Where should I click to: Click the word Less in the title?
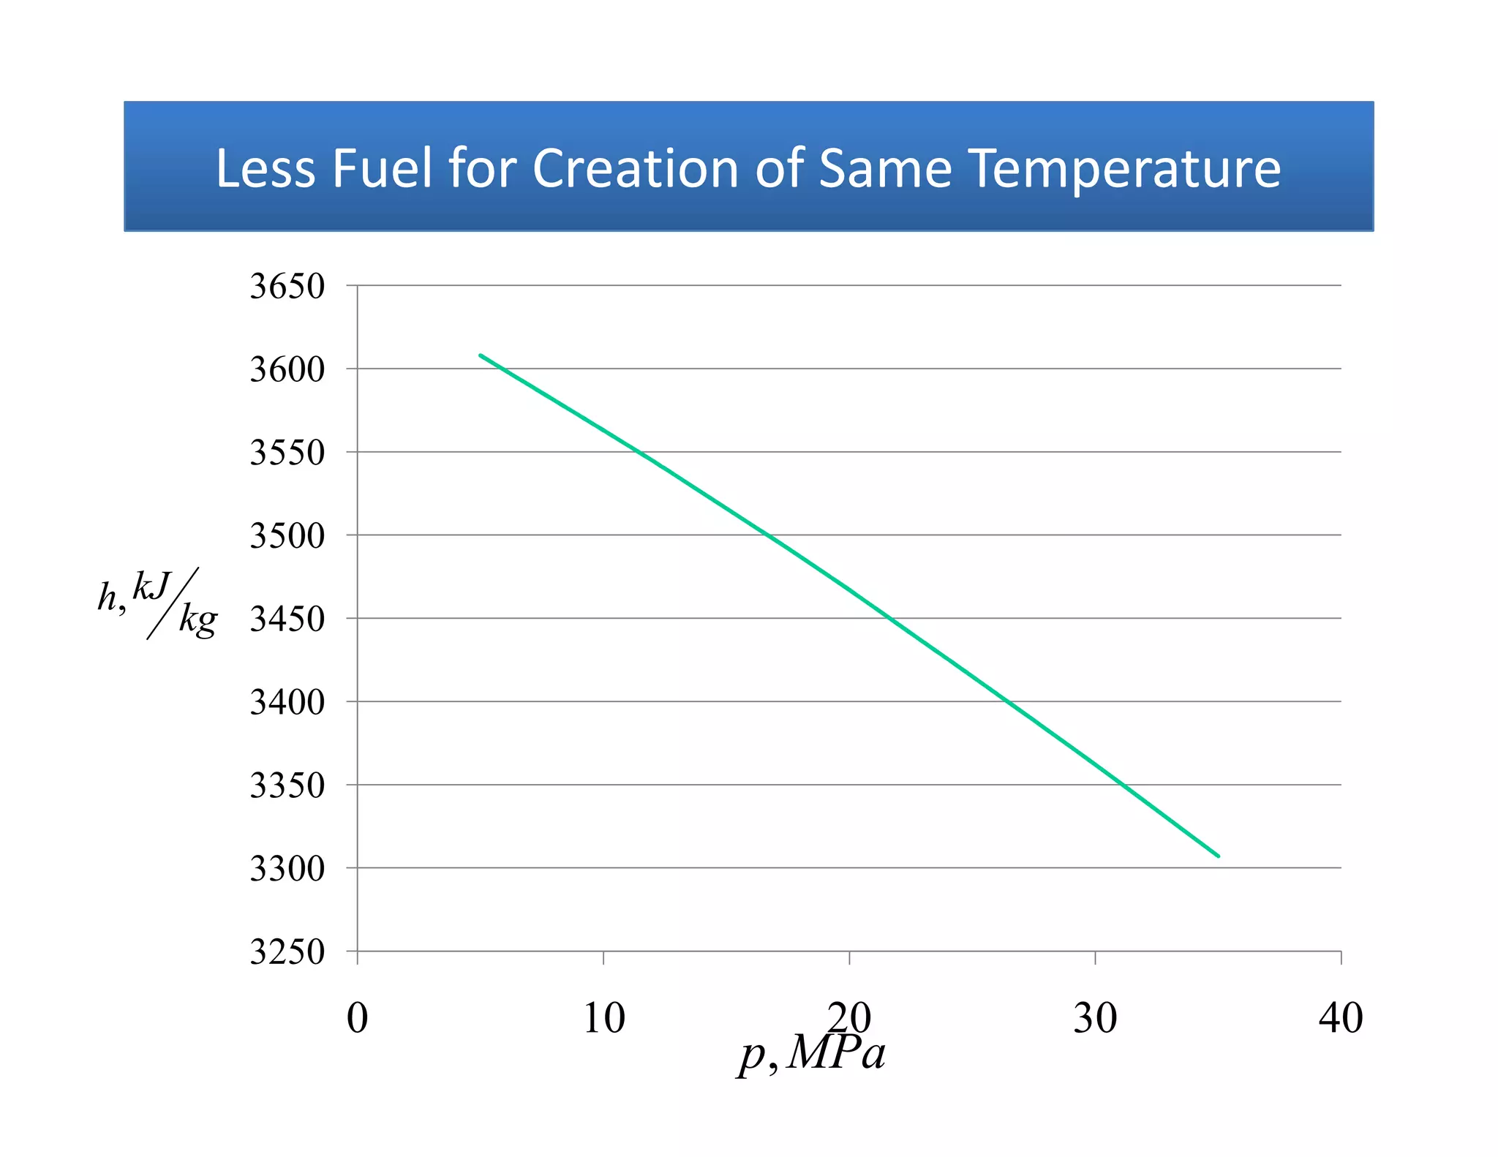(265, 169)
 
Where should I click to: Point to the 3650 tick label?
(287, 286)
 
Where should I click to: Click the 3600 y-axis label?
(287, 369)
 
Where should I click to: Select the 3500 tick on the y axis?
(287, 535)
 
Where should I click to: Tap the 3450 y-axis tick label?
(287, 619)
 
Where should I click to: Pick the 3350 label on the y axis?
(287, 785)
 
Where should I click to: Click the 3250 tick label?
(287, 951)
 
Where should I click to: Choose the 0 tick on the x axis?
(357, 1017)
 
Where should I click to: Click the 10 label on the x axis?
(603, 1017)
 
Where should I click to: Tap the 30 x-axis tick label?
(1095, 1017)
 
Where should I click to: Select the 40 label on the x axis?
(1341, 1017)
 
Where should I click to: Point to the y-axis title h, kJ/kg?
(158, 603)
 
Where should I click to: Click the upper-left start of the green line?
(481, 355)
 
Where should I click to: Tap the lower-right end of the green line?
(1218, 856)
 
